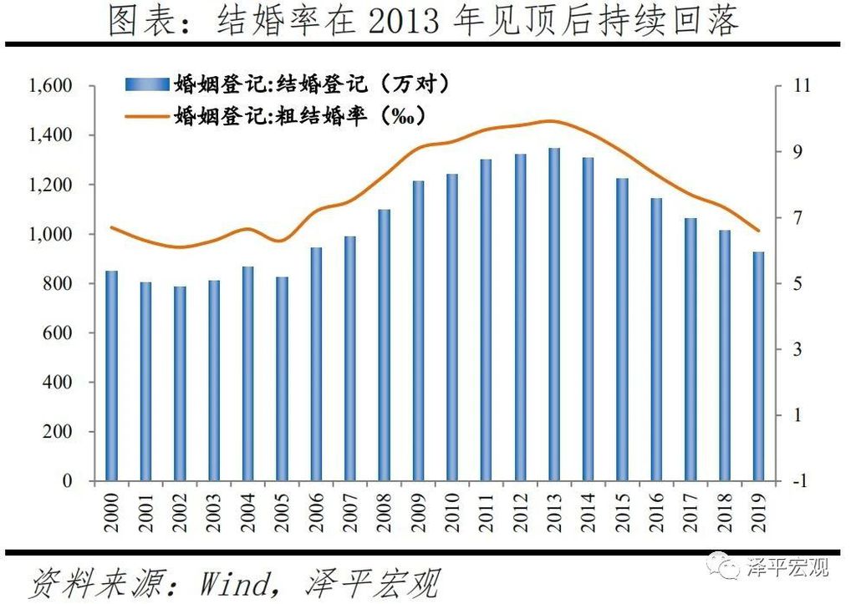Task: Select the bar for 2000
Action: [111, 376]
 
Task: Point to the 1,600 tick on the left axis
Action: [52, 86]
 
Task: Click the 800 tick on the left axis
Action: [61, 284]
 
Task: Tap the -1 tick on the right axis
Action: [794, 482]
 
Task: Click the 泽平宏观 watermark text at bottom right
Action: [789, 569]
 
